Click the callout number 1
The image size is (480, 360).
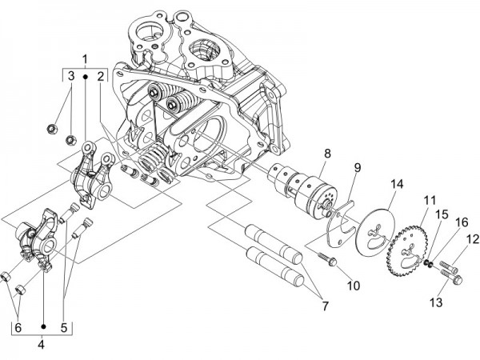pyautogui.click(x=85, y=60)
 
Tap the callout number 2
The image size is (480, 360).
pyautogui.click(x=101, y=76)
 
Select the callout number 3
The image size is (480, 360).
pyautogui.click(x=70, y=76)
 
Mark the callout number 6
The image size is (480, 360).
pyautogui.click(x=17, y=328)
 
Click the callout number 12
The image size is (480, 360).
pyautogui.click(x=472, y=238)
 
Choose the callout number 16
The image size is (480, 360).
pyautogui.click(x=461, y=222)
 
